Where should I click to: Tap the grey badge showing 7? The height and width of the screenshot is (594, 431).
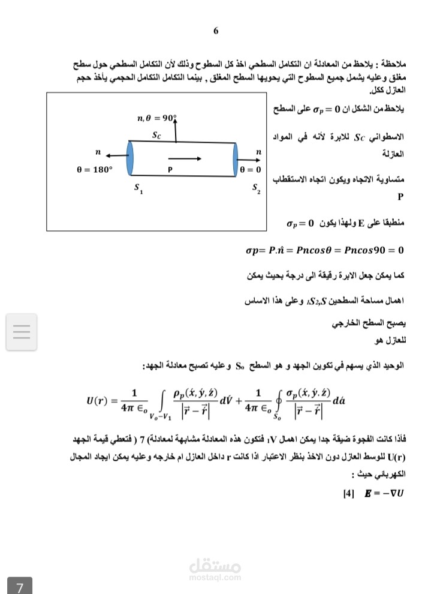[19, 586]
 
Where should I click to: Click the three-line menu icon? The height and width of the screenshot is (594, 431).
[21, 331]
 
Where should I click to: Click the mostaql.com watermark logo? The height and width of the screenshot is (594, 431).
[215, 569]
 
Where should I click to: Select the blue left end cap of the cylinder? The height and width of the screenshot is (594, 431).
[130, 159]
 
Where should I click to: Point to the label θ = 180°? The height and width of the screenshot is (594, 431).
[94, 170]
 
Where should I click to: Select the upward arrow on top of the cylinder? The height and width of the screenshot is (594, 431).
[176, 129]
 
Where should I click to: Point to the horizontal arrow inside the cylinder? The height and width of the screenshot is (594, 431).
[189, 159]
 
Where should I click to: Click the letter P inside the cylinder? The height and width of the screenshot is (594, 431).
[170, 170]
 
